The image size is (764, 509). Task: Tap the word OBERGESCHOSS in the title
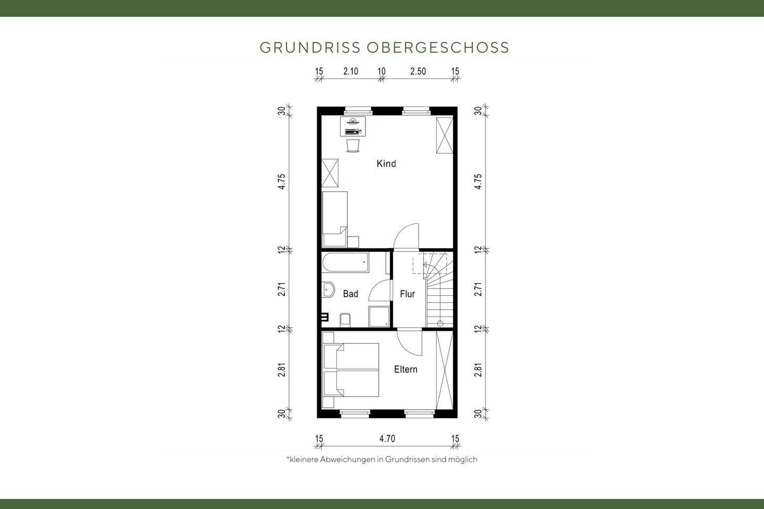438,47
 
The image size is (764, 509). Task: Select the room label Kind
386,163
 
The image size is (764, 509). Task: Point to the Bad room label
350,294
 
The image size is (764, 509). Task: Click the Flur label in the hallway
407,294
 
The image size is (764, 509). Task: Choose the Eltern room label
405,370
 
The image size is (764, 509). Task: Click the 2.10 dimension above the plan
350,72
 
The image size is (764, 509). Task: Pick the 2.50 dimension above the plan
418,72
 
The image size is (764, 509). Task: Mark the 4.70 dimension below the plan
387,438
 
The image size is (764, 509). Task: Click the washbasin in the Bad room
328,291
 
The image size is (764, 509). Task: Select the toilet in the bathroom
345,320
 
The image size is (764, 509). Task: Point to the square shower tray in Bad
379,317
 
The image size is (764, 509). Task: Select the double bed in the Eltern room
351,370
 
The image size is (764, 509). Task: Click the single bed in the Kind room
335,218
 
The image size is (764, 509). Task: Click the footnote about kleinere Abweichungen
381,459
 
